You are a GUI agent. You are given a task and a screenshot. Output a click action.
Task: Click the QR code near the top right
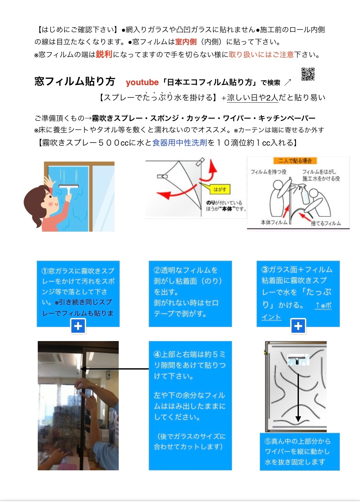tap(308, 74)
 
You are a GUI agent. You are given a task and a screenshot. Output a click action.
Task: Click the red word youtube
tap(142, 83)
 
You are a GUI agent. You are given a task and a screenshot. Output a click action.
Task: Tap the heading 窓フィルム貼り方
tap(75, 82)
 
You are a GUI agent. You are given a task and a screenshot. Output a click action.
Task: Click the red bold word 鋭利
tap(104, 54)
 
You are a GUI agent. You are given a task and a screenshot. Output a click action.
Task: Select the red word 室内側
tap(186, 42)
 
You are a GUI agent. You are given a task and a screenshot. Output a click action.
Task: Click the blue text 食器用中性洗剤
tap(180, 143)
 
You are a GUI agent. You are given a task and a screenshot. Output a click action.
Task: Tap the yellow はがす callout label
tap(220, 189)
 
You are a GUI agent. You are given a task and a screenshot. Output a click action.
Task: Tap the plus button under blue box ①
tap(78, 326)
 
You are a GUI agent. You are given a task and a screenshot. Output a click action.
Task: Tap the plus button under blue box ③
tap(298, 326)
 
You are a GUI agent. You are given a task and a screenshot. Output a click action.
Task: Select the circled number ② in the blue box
tap(157, 270)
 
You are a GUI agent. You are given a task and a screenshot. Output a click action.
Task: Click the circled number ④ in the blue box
tap(157, 355)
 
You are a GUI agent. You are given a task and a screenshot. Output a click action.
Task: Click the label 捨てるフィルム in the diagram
tap(325, 223)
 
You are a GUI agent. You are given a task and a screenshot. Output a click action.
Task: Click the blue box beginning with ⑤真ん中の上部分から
tap(300, 451)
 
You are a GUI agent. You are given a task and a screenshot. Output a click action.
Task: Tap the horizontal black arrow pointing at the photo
tap(115, 369)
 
